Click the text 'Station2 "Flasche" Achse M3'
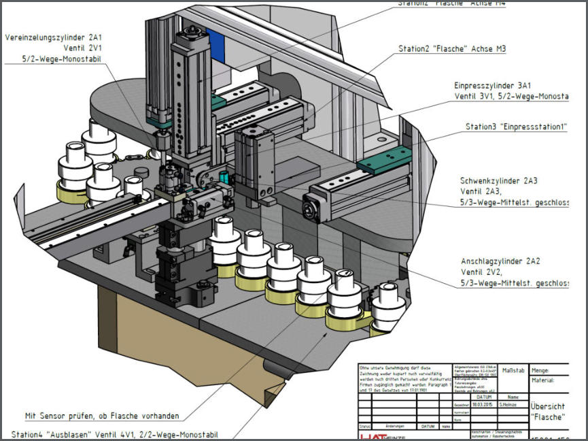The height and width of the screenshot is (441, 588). [452, 49]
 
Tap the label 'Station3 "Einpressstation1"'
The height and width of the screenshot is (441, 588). [516, 127]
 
